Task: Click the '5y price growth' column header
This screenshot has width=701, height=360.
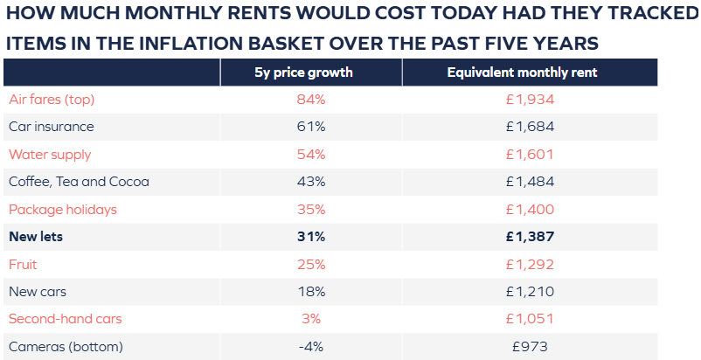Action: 310,73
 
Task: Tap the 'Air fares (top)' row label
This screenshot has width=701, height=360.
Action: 52,100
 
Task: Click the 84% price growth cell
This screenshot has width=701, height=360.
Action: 311,100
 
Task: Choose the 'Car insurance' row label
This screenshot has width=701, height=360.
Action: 51,127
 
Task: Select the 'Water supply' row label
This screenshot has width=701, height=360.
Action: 50,155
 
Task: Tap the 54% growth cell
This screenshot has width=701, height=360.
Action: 311,155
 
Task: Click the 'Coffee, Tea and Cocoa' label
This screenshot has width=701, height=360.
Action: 79,182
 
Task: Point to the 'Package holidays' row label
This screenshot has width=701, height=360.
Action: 62,210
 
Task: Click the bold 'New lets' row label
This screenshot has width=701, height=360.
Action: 35,237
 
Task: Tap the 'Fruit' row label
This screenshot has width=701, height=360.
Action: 23,264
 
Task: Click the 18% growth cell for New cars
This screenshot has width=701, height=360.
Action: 311,292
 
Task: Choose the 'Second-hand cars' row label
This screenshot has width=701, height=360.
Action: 64,319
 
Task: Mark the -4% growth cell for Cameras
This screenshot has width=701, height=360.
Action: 311,347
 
